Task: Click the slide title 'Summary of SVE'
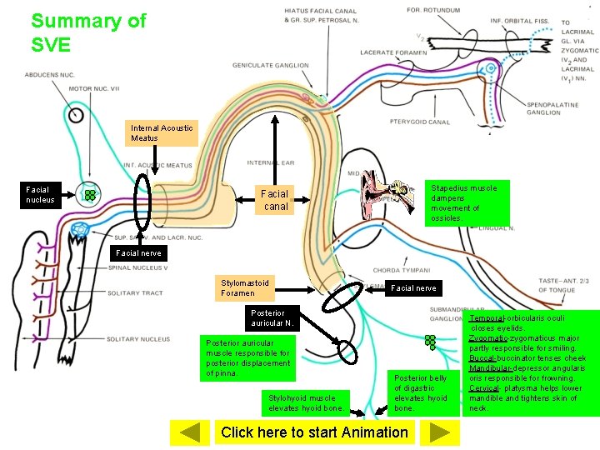pyautogui.click(x=87, y=32)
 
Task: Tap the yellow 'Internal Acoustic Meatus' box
pyautogui.click(x=162, y=133)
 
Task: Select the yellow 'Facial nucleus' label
pyautogui.click(x=40, y=194)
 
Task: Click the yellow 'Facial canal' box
pyautogui.click(x=276, y=200)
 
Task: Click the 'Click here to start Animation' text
pyautogui.click(x=314, y=432)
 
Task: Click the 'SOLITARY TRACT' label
pyautogui.click(x=135, y=293)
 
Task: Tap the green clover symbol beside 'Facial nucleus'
pyautogui.click(x=87, y=196)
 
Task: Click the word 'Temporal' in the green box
pyautogui.click(x=487, y=318)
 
